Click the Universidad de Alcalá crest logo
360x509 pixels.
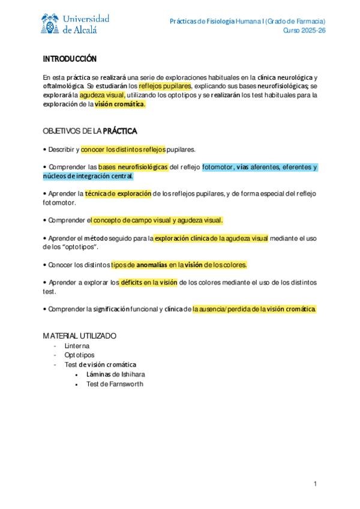[50, 25]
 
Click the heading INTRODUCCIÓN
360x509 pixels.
[70, 59]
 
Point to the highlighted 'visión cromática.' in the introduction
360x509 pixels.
[120, 104]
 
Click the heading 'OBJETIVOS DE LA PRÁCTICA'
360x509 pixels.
[90, 131]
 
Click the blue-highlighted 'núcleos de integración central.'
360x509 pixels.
[88, 176]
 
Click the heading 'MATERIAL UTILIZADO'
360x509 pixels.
[80, 336]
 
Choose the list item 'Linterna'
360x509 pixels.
[77, 346]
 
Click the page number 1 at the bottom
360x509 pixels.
[314, 483]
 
